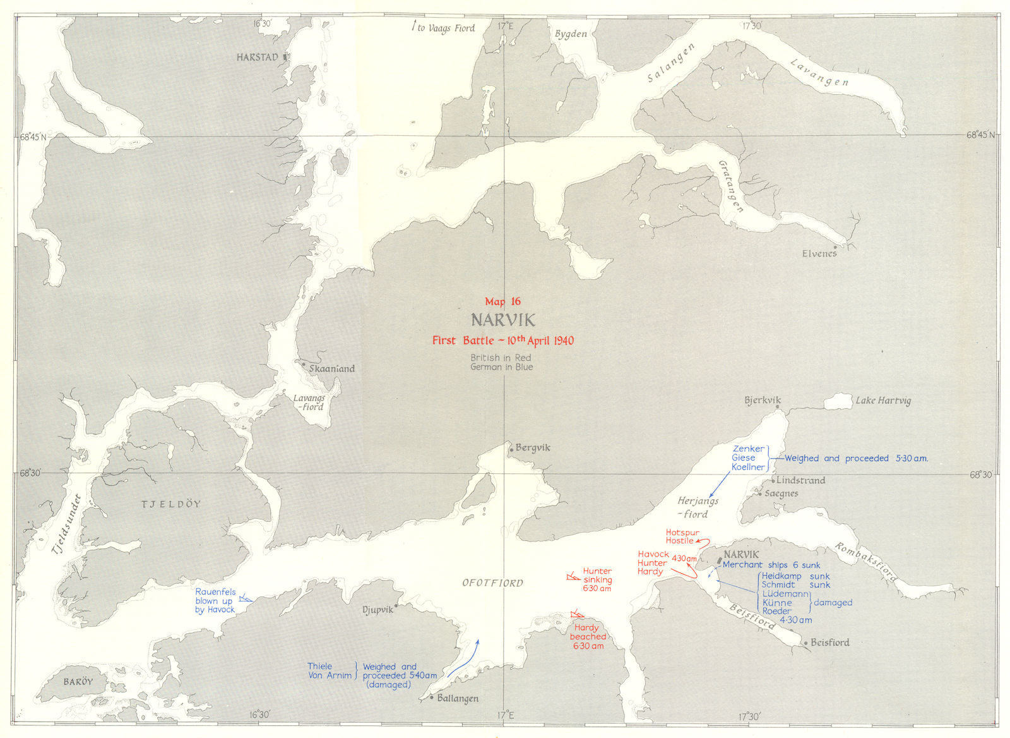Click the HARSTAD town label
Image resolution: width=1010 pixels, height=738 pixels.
click(258, 57)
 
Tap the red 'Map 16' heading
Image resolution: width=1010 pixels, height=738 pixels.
click(502, 302)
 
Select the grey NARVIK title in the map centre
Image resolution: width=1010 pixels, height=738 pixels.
click(502, 320)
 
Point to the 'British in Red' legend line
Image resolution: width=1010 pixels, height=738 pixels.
click(501, 358)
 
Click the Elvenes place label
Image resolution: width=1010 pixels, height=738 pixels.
click(819, 253)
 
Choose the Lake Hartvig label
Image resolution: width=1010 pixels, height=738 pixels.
click(882, 401)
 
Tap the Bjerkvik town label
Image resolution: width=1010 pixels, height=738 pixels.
click(763, 400)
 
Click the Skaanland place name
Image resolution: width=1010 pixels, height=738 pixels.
click(331, 368)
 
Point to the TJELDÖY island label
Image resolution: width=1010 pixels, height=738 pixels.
click(170, 504)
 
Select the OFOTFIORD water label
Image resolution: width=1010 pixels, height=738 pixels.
click(492, 583)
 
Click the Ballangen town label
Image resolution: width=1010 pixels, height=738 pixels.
click(457, 698)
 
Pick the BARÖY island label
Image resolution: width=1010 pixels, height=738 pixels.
click(78, 682)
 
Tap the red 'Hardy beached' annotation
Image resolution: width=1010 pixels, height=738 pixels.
click(588, 636)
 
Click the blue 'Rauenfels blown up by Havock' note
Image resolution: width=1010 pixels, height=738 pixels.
click(215, 601)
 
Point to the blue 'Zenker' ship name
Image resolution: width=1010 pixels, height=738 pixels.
click(748, 449)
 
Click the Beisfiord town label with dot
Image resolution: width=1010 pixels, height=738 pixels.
click(829, 643)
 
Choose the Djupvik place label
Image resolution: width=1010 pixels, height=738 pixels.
click(377, 610)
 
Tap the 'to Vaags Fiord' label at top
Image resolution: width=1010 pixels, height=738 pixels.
click(446, 28)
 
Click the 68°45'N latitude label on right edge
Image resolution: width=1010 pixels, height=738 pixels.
click(982, 135)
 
